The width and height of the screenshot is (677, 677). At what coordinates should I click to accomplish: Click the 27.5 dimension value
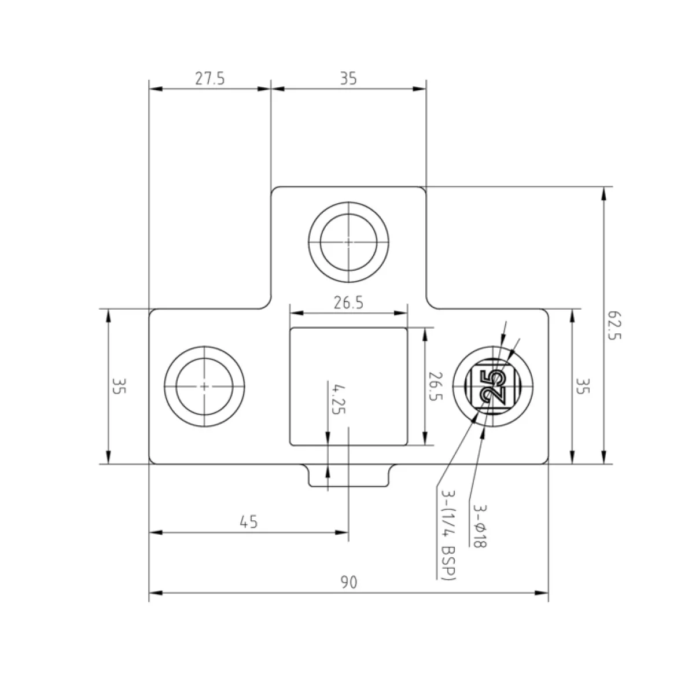pyautogui.click(x=210, y=79)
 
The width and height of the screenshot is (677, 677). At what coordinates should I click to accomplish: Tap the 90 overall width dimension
pyautogui.click(x=349, y=582)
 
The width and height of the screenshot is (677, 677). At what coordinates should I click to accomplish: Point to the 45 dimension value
pyautogui.click(x=249, y=522)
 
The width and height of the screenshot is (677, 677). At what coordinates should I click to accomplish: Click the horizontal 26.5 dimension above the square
pyautogui.click(x=348, y=303)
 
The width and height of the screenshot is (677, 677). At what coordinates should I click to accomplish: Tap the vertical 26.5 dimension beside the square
pyautogui.click(x=436, y=387)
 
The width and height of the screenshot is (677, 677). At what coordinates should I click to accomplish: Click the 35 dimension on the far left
pyautogui.click(x=119, y=386)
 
